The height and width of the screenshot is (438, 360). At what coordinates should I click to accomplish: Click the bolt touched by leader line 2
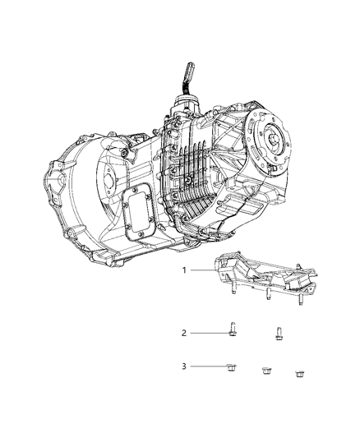coord(233,331)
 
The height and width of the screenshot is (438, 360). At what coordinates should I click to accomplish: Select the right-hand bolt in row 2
coord(278,334)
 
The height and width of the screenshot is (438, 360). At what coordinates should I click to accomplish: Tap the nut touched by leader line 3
coord(231,367)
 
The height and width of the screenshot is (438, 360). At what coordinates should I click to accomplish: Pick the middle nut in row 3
coord(265,371)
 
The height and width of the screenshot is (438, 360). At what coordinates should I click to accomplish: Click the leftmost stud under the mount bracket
coord(234,288)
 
